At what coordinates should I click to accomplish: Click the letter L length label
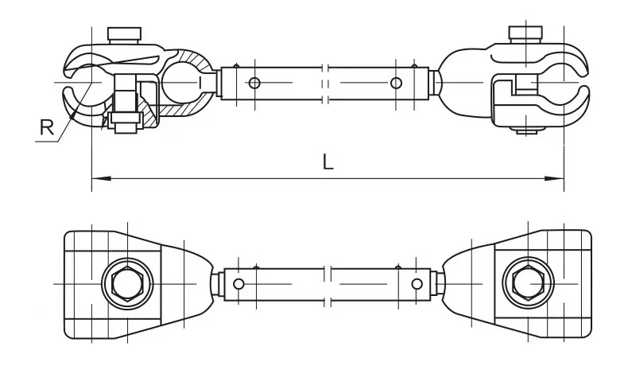[x=328, y=162]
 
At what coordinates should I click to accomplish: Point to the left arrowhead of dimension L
[x=96, y=180]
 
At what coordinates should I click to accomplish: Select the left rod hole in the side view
[x=253, y=83]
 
